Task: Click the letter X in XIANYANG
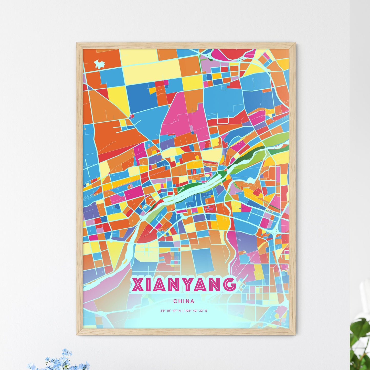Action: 137,284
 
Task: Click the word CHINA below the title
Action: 184,301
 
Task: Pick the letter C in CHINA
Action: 175,301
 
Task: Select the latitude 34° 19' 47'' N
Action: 171,311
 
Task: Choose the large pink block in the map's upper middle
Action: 177,113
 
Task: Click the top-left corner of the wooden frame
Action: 77,43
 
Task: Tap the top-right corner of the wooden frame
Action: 295,43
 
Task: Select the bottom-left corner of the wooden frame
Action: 77,334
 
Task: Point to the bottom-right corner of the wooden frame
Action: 295,334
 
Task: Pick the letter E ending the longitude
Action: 206,311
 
